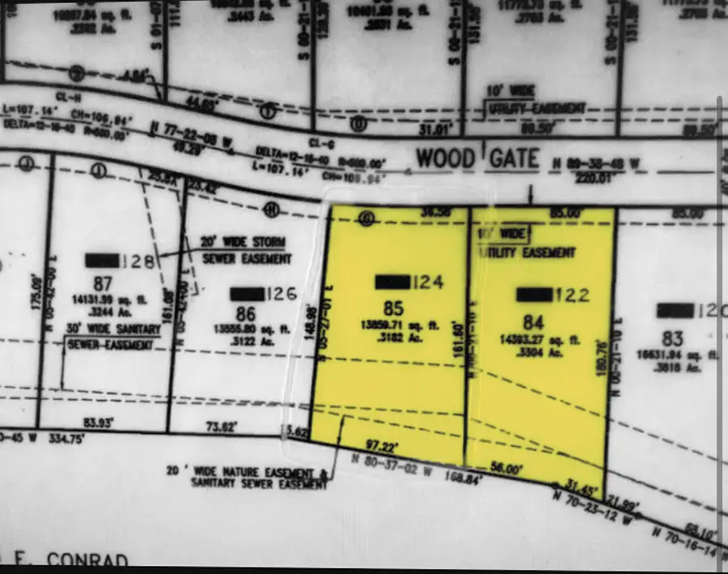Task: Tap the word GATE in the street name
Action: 513,157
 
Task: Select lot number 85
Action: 392,308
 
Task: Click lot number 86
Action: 241,313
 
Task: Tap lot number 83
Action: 672,338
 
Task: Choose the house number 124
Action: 428,283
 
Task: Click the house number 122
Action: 571,295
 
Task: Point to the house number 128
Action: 139,261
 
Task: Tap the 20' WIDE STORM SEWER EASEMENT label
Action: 246,250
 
